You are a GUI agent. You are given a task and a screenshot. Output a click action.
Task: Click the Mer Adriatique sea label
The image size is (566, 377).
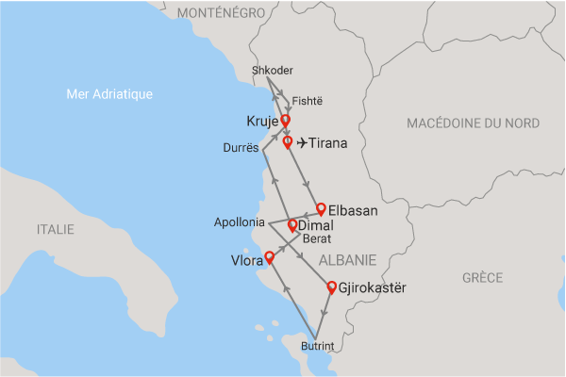111,94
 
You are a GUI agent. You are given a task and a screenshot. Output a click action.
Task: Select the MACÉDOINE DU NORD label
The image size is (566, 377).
473,123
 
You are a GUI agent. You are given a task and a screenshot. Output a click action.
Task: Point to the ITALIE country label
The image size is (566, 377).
55,229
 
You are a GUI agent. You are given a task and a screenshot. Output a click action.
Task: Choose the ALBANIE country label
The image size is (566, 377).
347,259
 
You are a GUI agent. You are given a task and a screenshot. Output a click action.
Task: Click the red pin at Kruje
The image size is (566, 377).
285,121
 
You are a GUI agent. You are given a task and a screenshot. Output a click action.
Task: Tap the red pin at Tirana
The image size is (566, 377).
288,141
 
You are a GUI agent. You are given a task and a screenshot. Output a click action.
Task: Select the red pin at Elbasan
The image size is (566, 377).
321,208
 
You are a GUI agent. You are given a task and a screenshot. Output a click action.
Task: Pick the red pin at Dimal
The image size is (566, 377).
292,224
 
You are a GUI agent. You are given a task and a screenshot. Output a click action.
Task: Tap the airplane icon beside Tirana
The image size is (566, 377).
302,143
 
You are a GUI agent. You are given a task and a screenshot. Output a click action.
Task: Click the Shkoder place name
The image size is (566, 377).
273,72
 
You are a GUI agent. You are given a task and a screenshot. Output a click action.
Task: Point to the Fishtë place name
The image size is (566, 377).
307,100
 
